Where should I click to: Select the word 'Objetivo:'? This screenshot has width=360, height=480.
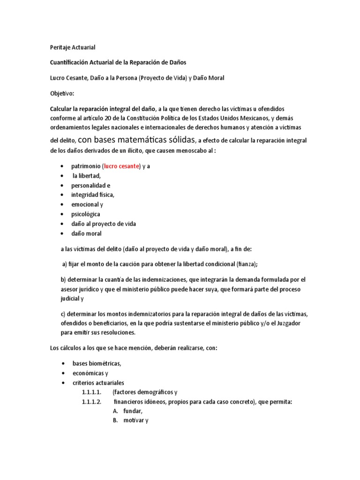tap(62, 93)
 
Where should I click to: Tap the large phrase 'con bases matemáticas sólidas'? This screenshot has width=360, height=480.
tap(136, 139)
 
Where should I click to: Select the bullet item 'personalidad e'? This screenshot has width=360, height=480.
tap(90, 185)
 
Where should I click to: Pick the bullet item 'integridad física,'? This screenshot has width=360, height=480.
tap(92, 195)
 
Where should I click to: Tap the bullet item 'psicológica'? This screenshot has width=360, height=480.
tap(85, 214)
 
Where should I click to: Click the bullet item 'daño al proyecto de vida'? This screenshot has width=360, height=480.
tap(103, 224)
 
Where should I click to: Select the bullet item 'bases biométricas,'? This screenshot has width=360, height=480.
tap(96, 364)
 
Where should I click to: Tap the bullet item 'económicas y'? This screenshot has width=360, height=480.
tap(90, 373)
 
